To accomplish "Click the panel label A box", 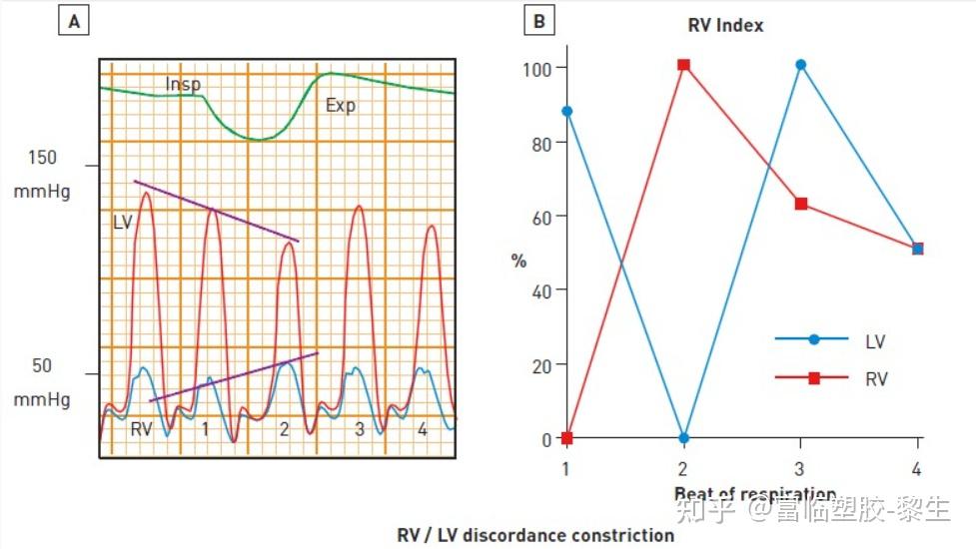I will tap(73, 20).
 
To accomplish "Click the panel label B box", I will tap(538, 20).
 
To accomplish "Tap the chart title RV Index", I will tap(726, 25).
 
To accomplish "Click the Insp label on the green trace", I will tap(183, 84).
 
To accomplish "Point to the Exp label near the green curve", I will tap(341, 105).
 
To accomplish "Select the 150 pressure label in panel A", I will tap(43, 158).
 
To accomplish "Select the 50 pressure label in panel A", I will tap(42, 366).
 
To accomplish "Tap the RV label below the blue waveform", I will tap(142, 429).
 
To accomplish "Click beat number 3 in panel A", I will tap(360, 429).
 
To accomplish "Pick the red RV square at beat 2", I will tap(683, 65).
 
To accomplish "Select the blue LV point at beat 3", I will tap(800, 65).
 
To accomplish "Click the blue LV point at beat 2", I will tap(683, 438).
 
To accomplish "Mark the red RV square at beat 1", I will tap(567, 438).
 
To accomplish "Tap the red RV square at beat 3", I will tap(800, 204).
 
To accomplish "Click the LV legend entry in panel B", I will tap(874, 341).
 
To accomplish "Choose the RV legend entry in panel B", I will tap(875, 379).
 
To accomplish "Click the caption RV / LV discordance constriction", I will tap(535, 535).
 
